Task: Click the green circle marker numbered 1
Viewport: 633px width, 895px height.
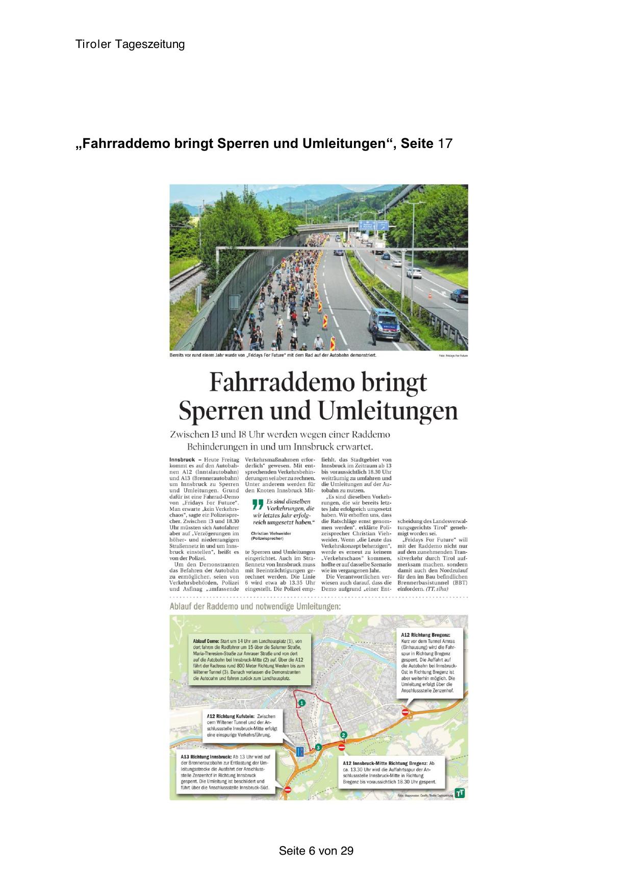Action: coord(302,703)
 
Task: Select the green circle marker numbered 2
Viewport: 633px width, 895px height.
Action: coord(344,735)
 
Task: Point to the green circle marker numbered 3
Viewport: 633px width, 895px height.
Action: coord(318,747)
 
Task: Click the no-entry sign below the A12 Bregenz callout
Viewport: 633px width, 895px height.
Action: coord(405,712)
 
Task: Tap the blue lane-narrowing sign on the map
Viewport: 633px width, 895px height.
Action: coord(299,751)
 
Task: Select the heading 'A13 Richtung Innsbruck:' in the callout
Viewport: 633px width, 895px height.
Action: coord(206,756)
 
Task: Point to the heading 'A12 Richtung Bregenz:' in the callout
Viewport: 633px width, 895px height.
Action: coord(422,634)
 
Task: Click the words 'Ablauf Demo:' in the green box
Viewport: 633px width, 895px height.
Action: coord(206,640)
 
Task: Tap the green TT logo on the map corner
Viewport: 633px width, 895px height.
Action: coord(460,794)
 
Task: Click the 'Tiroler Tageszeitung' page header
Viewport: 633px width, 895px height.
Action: coord(130,44)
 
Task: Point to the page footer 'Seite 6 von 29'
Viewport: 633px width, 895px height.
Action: coord(316,851)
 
